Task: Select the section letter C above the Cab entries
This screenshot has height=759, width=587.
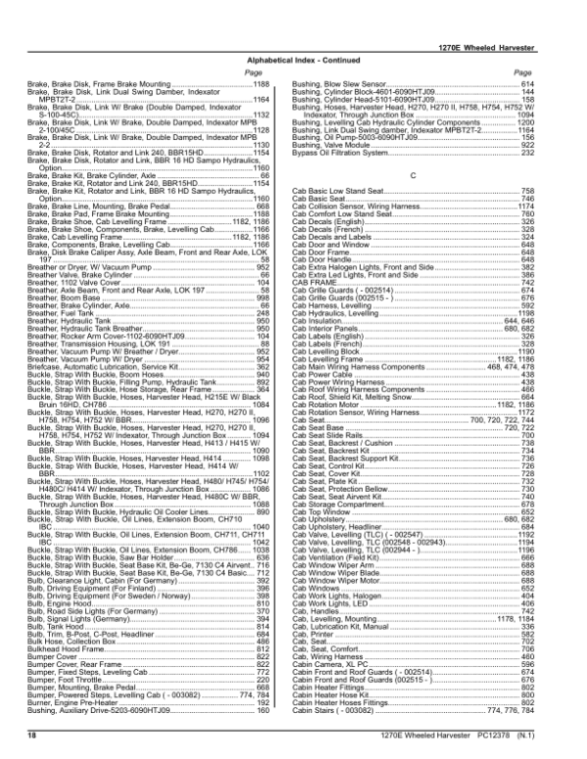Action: pos(414,173)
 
